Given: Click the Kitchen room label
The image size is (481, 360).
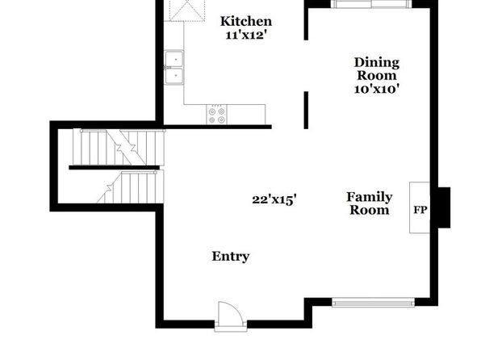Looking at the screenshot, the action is pyautogui.click(x=246, y=21).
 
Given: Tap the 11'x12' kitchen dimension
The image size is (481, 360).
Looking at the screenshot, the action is pyautogui.click(x=245, y=35).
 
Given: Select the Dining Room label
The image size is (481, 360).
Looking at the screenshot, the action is pyautogui.click(x=377, y=69).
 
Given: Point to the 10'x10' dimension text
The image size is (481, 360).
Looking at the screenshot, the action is pyautogui.click(x=377, y=89).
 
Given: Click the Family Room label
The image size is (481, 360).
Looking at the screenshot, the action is pyautogui.click(x=370, y=203).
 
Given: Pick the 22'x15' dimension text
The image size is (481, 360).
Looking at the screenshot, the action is pyautogui.click(x=274, y=199).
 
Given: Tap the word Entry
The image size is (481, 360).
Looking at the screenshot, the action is pyautogui.click(x=230, y=256).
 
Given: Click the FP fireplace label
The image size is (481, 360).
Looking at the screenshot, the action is pyautogui.click(x=420, y=210).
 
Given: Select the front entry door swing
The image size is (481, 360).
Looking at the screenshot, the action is pyautogui.click(x=231, y=312).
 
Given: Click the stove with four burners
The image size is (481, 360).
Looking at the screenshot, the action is pyautogui.click(x=216, y=114).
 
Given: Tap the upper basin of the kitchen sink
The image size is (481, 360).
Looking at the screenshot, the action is pyautogui.click(x=174, y=59).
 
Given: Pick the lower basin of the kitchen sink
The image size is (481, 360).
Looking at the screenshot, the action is pyautogui.click(x=174, y=76).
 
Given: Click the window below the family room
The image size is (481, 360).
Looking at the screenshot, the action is pyautogui.click(x=373, y=303).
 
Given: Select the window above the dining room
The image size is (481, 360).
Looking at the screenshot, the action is pyautogui.click(x=372, y=4).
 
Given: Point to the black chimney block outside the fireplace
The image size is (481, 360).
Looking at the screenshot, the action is pyautogui.click(x=444, y=207).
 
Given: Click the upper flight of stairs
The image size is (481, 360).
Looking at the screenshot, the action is pyautogui.click(x=119, y=148).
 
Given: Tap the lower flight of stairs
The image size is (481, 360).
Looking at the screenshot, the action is pyautogui.click(x=131, y=187).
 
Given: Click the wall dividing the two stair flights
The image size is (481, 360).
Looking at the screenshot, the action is pyautogui.click(x=115, y=168).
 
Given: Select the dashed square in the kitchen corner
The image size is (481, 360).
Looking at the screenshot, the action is pyautogui.click(x=187, y=10).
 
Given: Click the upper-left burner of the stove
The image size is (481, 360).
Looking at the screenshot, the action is pyautogui.click(x=211, y=111).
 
